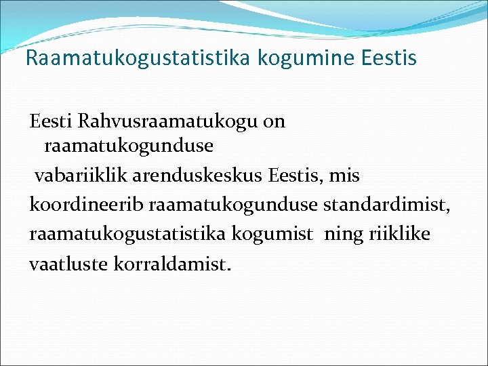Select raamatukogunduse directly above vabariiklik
click(x=129, y=146)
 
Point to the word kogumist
click(x=273, y=235)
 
